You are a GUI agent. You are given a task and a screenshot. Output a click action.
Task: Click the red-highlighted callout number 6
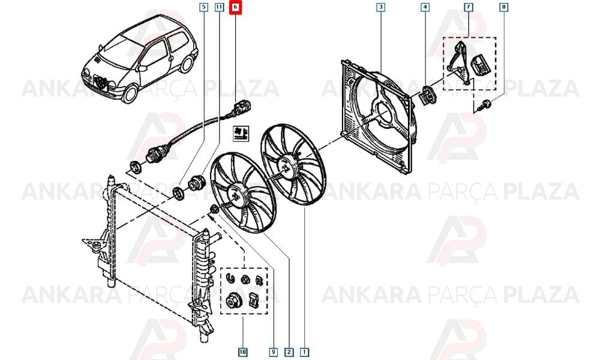click(x=235, y=7)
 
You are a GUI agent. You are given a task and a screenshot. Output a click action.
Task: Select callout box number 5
click(x=203, y=7)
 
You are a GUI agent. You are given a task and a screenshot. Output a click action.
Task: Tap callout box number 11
click(x=219, y=7)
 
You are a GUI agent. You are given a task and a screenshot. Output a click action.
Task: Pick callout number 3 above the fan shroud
click(x=380, y=7)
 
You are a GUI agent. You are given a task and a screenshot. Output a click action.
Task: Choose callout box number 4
click(x=425, y=7)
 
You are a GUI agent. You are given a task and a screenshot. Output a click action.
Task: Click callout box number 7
click(x=469, y=7)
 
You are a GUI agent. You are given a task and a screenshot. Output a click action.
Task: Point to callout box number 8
click(x=503, y=7)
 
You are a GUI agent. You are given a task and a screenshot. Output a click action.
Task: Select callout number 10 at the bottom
click(x=242, y=352)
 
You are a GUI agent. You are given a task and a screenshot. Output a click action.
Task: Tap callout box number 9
click(x=273, y=352)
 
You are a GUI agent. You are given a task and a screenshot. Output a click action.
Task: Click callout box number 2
click(x=289, y=352)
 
